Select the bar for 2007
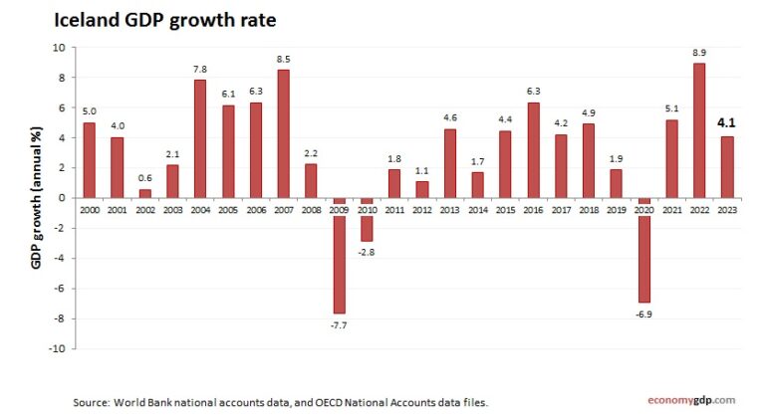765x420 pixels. pos(284,133)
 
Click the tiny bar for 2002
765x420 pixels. pos(145,193)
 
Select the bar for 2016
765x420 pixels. pos(533,149)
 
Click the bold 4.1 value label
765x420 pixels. pos(726,123)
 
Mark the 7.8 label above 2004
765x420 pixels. pos(200,69)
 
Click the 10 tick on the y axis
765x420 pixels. pos(59,47)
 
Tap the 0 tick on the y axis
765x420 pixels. pos(62,197)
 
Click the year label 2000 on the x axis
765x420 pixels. pos(90,209)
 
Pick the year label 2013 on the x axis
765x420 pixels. pos(449,209)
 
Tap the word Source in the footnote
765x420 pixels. pos(91,402)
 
